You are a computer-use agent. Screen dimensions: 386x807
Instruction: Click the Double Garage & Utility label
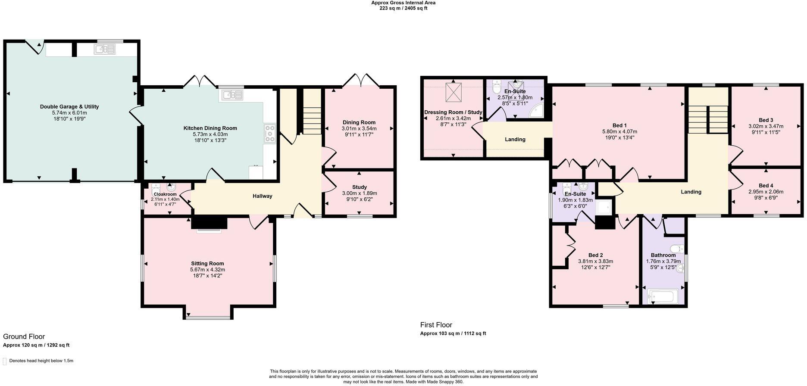(x=69, y=106)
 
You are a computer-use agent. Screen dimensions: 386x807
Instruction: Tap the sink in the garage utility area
(x=105, y=50)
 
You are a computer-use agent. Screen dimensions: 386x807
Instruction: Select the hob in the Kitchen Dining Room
(x=269, y=133)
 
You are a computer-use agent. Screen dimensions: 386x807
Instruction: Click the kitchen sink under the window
(x=232, y=94)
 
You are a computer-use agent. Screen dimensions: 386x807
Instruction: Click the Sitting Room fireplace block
(x=209, y=222)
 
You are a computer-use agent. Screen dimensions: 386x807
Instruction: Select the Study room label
(x=360, y=187)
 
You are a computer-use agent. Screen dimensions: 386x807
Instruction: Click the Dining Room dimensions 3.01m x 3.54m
(x=359, y=128)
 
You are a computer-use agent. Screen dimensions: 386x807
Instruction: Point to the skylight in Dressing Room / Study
(x=453, y=91)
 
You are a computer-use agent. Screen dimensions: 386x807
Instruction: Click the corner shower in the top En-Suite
(x=536, y=111)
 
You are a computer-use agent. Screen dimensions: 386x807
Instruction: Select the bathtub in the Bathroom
(x=663, y=296)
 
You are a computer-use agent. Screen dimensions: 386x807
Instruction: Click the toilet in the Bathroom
(x=677, y=249)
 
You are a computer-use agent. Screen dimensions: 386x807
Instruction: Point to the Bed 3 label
(x=766, y=120)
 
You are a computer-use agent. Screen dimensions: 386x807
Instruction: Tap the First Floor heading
(x=436, y=325)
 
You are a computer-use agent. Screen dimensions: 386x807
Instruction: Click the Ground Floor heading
(x=24, y=336)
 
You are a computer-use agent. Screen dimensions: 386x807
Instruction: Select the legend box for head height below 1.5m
(x=5, y=361)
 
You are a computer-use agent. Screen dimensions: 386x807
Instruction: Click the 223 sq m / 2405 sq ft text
(x=403, y=8)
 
